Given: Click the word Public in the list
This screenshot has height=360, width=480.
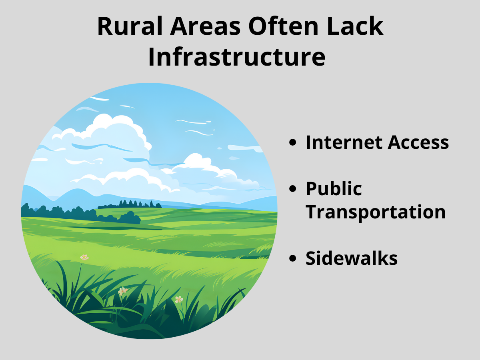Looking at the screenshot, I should coord(334,189).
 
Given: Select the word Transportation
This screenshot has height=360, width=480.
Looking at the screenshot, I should coord(376,212).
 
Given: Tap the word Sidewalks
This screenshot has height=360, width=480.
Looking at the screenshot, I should coord(352,258).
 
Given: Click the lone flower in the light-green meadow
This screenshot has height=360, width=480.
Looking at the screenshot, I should coord(84,258).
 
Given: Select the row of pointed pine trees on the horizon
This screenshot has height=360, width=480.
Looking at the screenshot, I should coord(136,204).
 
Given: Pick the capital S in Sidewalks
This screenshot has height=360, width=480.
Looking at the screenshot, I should coord(311,258).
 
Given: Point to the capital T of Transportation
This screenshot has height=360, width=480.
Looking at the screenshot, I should coord(312,212).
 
